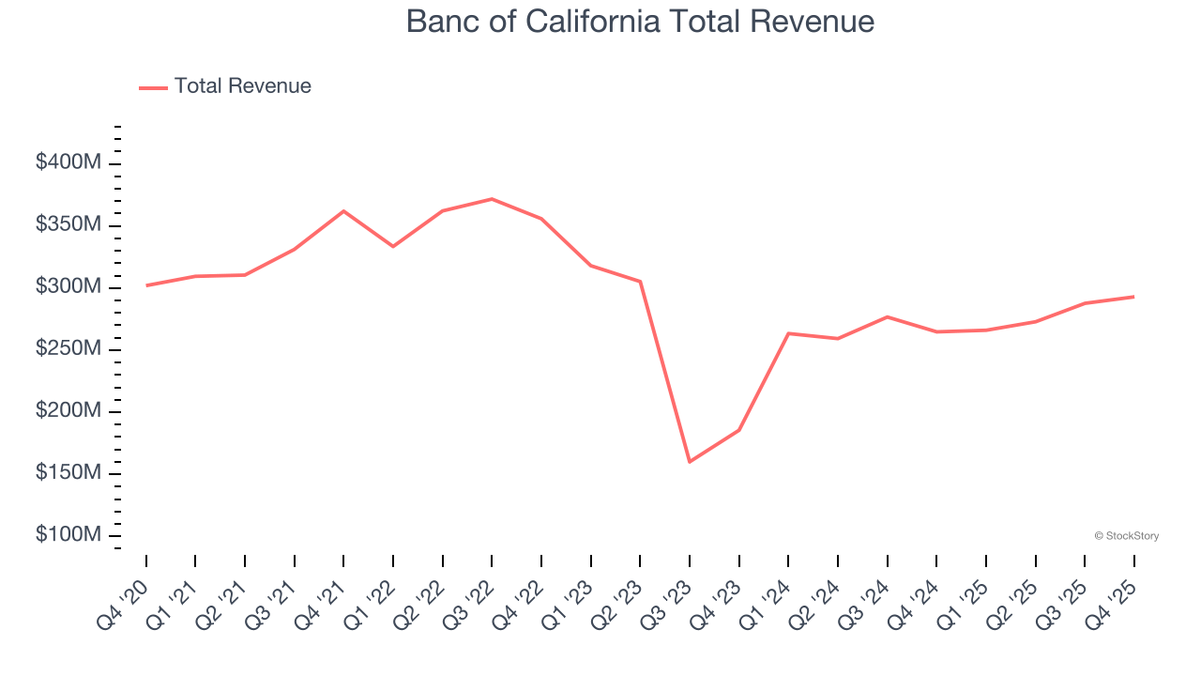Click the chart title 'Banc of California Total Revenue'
(640, 22)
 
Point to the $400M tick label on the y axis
(68, 163)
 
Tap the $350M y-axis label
(68, 225)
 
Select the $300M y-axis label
(68, 287)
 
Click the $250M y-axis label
(68, 349)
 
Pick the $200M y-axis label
(68, 411)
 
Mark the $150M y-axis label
(68, 473)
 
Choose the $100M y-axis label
(68, 535)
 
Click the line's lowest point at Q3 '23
(690, 462)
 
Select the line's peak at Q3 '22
(492, 199)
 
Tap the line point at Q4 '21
(343, 211)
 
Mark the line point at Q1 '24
(788, 333)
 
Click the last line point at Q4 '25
(1133, 297)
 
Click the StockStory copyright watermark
(1126, 536)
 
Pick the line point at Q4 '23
(739, 430)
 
